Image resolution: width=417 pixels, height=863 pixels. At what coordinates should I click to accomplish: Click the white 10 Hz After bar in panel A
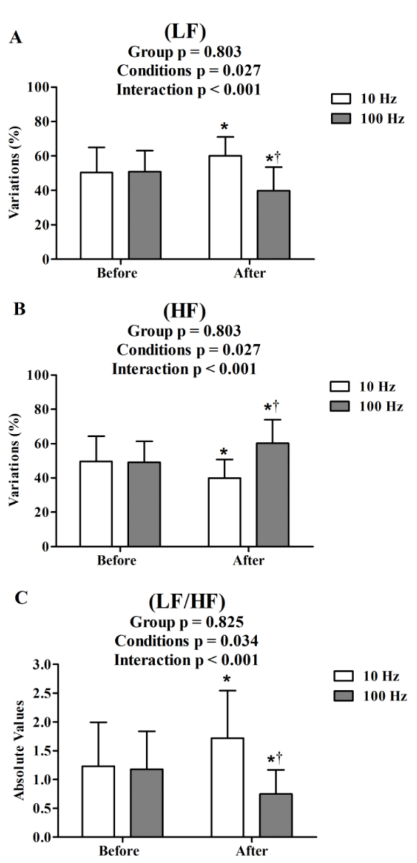pyautogui.click(x=225, y=207)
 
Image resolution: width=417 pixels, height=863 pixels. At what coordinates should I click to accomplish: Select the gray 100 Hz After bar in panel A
pyautogui.click(x=273, y=225)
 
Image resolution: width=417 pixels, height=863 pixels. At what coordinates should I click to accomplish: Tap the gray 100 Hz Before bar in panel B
pyautogui.click(x=144, y=504)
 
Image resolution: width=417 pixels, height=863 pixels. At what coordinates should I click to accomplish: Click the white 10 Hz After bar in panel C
pyautogui.click(x=227, y=787)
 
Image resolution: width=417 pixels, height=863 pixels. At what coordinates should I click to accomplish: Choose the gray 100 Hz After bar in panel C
pyautogui.click(x=276, y=815)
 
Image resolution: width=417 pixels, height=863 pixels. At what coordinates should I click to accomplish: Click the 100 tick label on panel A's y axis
pyautogui.click(x=38, y=87)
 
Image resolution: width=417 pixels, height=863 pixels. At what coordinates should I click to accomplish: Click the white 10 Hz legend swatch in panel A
pyautogui.click(x=340, y=99)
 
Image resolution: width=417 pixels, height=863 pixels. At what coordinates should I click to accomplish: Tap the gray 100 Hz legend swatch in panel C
pyautogui.click(x=343, y=696)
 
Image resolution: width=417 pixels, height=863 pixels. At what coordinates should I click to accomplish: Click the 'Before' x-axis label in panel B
pyautogui.click(x=117, y=560)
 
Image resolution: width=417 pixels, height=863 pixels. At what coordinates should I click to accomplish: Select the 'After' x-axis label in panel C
pyautogui.click(x=252, y=851)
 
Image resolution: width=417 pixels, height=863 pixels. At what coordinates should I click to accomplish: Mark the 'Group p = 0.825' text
pyautogui.click(x=186, y=622)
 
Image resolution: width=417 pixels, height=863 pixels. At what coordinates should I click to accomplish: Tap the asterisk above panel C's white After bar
pyautogui.click(x=227, y=679)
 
